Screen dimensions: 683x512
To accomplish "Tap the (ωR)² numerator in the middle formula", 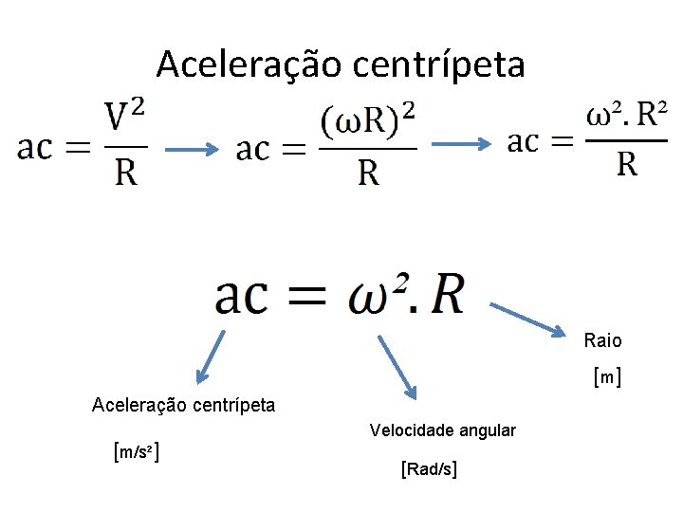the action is pyautogui.click(x=368, y=121).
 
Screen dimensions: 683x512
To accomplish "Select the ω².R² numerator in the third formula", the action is pyautogui.click(x=626, y=119).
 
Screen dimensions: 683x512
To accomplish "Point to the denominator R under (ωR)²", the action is pyautogui.click(x=368, y=173).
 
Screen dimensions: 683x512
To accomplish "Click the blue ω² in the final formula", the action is pyautogui.click(x=379, y=295).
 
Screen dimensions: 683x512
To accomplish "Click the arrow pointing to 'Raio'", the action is pyautogui.click(x=528, y=319).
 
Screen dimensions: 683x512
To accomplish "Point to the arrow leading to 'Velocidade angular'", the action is pyautogui.click(x=396, y=364).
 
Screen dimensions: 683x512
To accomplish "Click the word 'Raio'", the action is pyautogui.click(x=603, y=340).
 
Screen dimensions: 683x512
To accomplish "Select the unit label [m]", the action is pyautogui.click(x=606, y=378).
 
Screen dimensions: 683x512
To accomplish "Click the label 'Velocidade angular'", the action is pyautogui.click(x=443, y=430).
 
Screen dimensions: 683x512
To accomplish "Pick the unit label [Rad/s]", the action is pyautogui.click(x=430, y=467).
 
